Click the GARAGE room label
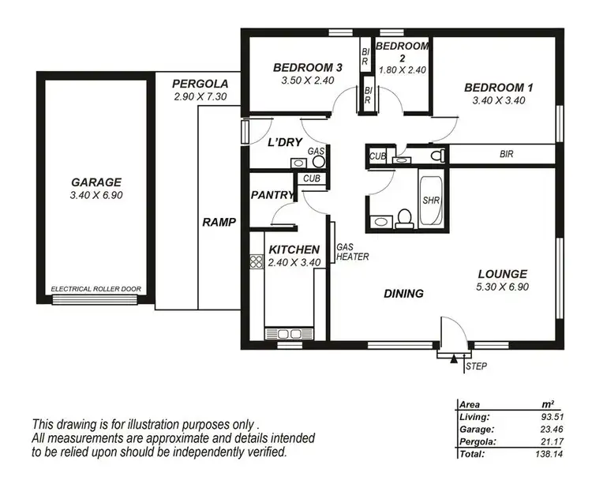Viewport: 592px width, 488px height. click(95, 181)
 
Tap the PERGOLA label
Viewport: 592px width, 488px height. click(200, 83)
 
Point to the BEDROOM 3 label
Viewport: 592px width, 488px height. click(306, 66)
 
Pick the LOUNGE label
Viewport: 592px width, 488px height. click(502, 274)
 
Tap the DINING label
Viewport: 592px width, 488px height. click(403, 294)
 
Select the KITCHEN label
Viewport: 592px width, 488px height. click(294, 249)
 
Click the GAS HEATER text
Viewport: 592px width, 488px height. click(350, 251)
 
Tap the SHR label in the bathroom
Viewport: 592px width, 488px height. click(431, 201)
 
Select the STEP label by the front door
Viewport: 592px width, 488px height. click(476, 366)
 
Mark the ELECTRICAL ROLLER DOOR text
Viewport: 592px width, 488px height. click(96, 290)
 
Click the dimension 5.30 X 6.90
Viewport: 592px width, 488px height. click(502, 287)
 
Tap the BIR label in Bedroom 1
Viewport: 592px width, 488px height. click(506, 155)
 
